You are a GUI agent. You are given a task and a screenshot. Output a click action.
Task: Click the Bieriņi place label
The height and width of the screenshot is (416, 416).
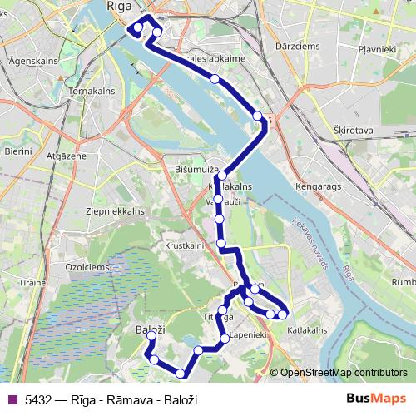coord(16,152)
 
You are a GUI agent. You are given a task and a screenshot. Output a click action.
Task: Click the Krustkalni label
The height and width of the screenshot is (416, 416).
coord(184,247)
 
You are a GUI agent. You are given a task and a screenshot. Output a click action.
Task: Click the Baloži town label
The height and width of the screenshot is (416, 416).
coord(150,330)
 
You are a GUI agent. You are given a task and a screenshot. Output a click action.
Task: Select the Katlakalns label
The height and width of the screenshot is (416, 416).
coord(307,329)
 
